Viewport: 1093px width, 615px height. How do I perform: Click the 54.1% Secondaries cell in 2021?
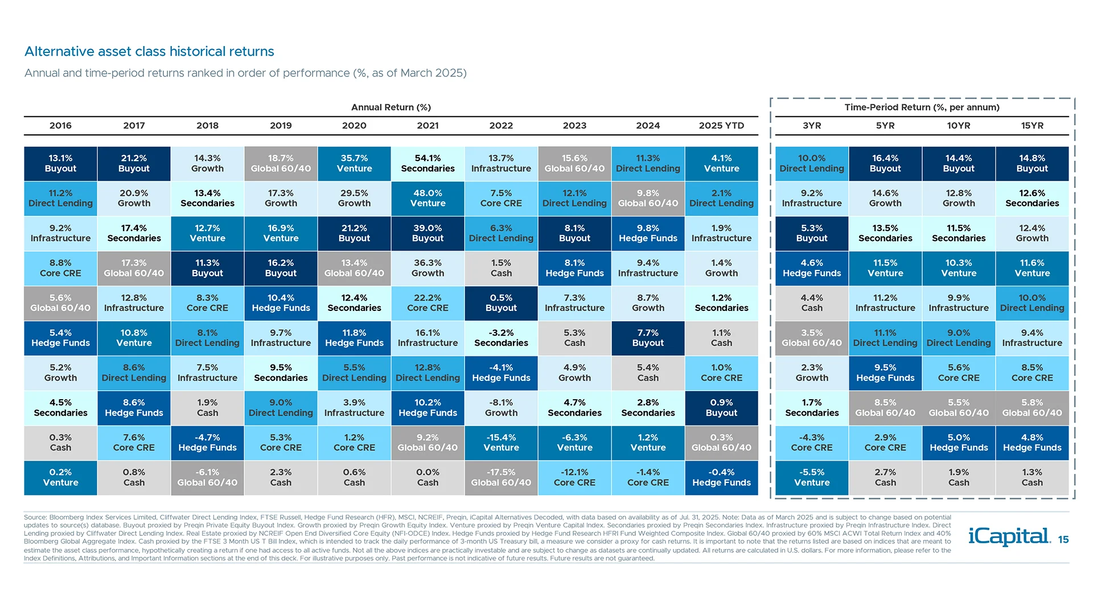[x=428, y=163]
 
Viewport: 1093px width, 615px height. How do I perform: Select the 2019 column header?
[x=281, y=125]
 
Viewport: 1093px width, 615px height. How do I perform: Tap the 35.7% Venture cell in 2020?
[x=354, y=163]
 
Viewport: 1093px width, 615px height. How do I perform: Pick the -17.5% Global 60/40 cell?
[x=501, y=477]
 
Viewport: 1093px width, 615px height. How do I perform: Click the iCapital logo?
[x=1009, y=536]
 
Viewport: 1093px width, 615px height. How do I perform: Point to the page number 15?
[x=1063, y=540]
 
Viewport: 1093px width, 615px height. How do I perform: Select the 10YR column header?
[x=959, y=125]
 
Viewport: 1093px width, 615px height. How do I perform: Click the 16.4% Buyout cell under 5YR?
[x=885, y=163]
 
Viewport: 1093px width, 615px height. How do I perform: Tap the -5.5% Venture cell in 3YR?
[x=812, y=477]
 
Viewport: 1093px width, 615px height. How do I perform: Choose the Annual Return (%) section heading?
[x=391, y=107]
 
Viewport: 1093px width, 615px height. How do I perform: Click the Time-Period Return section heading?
[x=922, y=107]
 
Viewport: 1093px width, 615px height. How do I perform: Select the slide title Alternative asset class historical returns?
[x=149, y=51]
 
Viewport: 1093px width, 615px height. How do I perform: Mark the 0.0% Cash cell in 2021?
[x=428, y=477]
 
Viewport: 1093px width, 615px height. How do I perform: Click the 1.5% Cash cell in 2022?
[x=501, y=268]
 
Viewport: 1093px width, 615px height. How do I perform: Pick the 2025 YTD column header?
[x=721, y=125]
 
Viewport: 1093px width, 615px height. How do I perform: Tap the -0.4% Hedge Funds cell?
[x=721, y=477]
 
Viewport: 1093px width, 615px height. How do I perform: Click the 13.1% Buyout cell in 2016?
[x=60, y=163]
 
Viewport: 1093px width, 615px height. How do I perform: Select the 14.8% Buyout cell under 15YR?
[x=1032, y=163]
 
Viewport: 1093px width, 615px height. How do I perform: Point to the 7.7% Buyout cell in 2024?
[x=648, y=338]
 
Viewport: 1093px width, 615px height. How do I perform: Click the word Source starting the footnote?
[x=35, y=518]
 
